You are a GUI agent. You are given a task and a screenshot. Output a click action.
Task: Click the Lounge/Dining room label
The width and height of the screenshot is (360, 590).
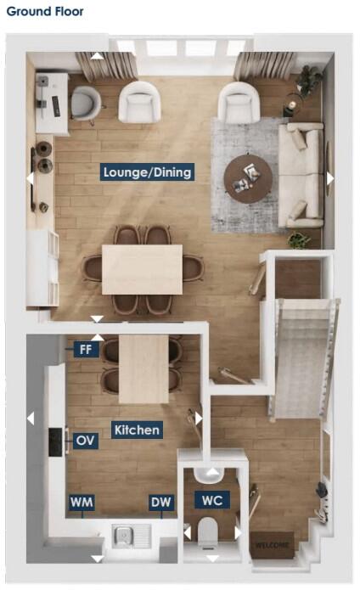tap(147, 172)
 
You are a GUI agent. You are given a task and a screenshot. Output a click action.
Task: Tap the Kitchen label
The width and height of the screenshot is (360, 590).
tap(136, 430)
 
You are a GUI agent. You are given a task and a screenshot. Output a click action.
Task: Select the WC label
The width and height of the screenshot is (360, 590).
tap(212, 500)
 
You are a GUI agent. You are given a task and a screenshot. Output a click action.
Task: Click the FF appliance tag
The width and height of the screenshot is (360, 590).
tap(85, 349)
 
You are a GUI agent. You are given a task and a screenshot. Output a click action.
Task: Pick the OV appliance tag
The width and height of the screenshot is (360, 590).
tap(85, 441)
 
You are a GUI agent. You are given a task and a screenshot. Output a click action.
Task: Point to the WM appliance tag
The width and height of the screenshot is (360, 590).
tap(82, 503)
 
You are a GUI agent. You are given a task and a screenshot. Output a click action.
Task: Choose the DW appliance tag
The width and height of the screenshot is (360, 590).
tap(160, 503)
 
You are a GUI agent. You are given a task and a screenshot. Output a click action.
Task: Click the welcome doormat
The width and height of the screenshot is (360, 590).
tap(273, 542)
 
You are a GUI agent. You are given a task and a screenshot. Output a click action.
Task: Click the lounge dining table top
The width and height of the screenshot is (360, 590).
tap(142, 269)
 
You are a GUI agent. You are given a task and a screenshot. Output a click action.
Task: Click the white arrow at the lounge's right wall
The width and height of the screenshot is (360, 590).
tap(330, 178)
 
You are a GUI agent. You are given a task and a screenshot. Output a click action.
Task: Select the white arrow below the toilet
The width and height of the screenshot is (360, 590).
tap(211, 559)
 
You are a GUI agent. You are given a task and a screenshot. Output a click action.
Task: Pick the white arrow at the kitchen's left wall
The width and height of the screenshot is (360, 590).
tap(31, 418)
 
